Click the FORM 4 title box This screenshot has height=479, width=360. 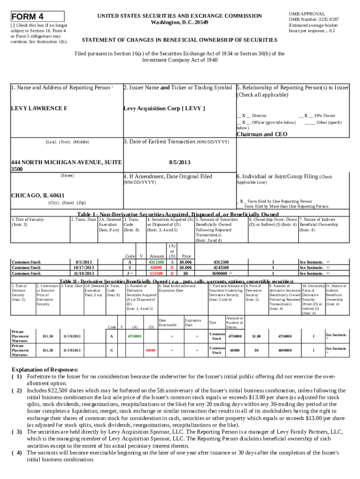pos(37,17)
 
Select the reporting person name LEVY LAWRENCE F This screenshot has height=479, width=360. pos(39,109)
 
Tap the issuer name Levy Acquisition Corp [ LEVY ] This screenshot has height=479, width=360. pos(164,109)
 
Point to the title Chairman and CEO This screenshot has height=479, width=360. pos(262,134)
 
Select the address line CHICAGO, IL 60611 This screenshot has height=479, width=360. pos(38,195)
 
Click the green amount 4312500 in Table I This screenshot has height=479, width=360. pos(156,262)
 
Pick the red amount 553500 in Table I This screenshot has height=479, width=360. pos(156,273)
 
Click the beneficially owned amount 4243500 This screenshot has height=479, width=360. pos(221,268)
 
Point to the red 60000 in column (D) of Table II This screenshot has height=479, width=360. pos(150,349)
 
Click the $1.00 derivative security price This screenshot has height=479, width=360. pos(256,336)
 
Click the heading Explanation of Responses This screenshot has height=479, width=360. pos(45,369)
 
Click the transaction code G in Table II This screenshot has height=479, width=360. pos(111,349)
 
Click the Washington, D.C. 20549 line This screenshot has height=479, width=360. pos(180,22)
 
